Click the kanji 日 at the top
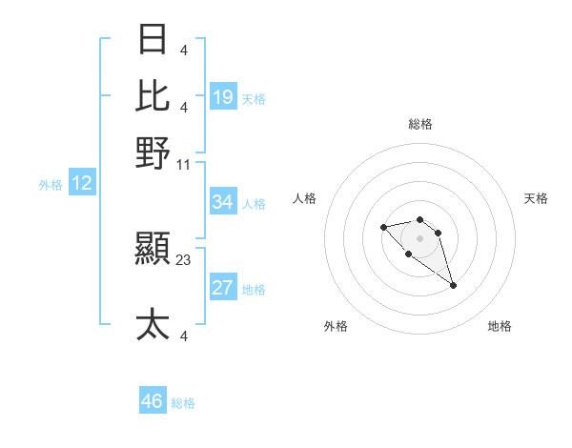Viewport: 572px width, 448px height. coord(153,40)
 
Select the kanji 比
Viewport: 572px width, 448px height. coord(153,96)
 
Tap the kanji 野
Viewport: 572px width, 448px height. coord(153,153)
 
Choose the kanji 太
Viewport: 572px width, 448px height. coord(153,324)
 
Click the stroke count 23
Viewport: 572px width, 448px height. coord(184,257)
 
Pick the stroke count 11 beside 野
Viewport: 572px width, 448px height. coord(184,164)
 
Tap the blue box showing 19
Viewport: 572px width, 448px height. coord(223,96)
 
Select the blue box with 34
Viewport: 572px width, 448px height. coord(223,202)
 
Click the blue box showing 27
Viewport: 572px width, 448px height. coord(223,289)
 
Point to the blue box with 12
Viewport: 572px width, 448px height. coord(82,184)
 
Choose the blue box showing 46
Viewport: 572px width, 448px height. coord(153,401)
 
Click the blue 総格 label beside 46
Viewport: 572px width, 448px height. coord(183,403)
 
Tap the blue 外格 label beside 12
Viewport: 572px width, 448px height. coord(51,185)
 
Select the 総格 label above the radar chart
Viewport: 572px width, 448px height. coord(419,124)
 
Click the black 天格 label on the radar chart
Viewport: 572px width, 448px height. coord(537,198)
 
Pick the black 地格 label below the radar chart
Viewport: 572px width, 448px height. coord(500,326)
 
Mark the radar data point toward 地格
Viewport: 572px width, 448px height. coord(453,285)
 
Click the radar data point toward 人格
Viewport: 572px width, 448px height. coord(383,227)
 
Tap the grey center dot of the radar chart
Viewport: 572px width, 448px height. coord(419,238)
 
